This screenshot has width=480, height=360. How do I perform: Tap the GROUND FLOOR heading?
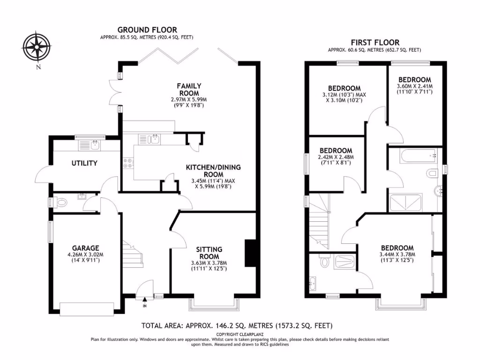147,30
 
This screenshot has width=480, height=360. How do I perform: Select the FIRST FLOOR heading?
375,42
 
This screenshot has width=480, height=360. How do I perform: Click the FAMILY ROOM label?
189,89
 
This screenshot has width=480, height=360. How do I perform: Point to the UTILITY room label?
84,163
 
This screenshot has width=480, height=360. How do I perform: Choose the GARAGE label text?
85,248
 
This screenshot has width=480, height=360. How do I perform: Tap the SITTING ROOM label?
209,253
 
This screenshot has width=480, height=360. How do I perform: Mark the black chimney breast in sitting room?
251,253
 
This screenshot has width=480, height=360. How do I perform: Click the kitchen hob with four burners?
128,163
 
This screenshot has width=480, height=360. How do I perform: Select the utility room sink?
95,145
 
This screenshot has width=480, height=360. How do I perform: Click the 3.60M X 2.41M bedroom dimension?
415,86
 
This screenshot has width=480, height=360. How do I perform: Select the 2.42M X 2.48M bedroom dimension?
335,157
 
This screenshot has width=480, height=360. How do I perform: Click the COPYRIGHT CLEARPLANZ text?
240,334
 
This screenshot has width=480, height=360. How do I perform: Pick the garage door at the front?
86,308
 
